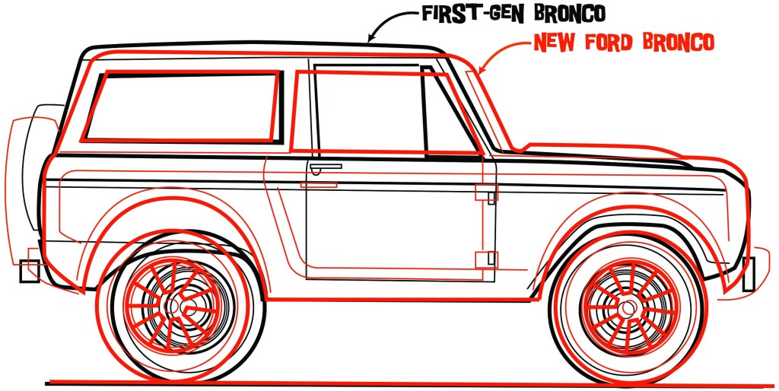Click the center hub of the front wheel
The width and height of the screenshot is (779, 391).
(x=628, y=307)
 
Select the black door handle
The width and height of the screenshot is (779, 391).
(x=325, y=165)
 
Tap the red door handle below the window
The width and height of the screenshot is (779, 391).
(x=319, y=185)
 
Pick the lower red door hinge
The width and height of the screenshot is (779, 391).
(x=486, y=259)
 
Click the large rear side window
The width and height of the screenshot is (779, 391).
(x=181, y=107)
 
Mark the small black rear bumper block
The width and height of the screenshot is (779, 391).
(x=29, y=270)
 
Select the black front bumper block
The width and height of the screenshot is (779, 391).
(x=749, y=274)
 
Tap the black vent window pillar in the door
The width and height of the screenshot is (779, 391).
(x=424, y=110)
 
